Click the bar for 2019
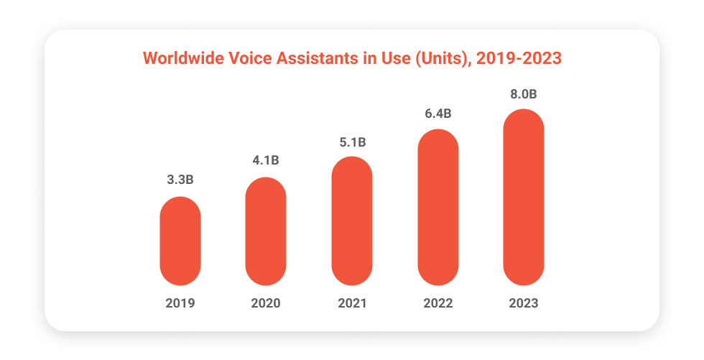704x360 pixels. click(x=180, y=241)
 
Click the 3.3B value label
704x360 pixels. click(x=180, y=180)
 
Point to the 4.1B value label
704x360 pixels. click(x=266, y=160)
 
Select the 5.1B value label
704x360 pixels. click(x=352, y=142)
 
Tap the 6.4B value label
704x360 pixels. click(x=437, y=114)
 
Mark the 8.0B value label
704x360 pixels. click(x=524, y=95)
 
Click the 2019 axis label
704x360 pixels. click(x=180, y=303)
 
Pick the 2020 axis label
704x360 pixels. click(x=266, y=303)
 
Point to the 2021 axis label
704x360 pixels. click(x=352, y=303)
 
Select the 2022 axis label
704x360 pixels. click(x=437, y=303)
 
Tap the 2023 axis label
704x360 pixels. click(x=524, y=303)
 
